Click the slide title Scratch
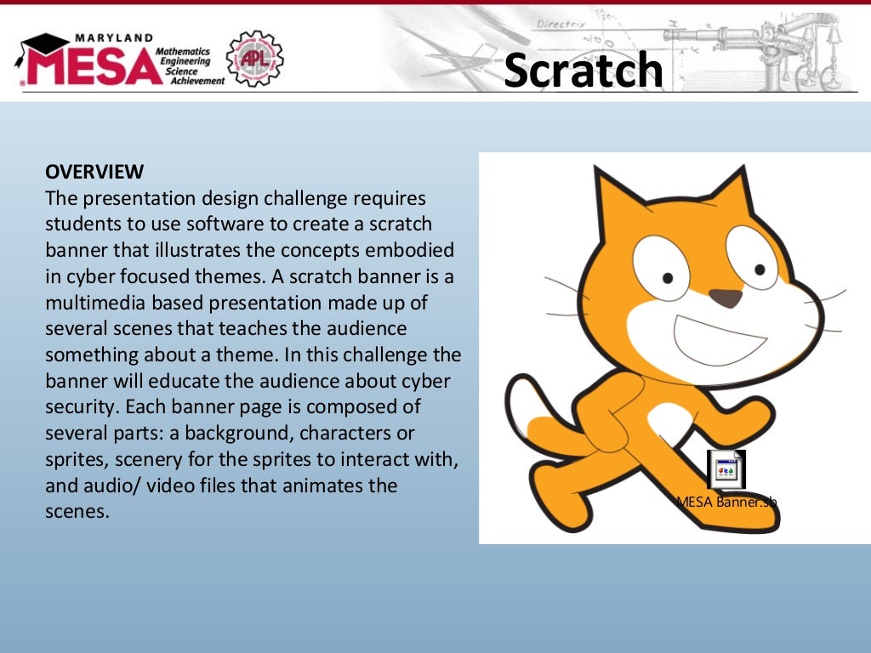point(583,70)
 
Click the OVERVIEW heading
point(94,172)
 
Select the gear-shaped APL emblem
point(254,58)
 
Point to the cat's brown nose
point(725,298)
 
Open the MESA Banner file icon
point(726,470)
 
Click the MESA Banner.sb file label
point(726,502)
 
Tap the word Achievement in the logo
point(196,81)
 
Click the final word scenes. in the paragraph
point(77,513)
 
